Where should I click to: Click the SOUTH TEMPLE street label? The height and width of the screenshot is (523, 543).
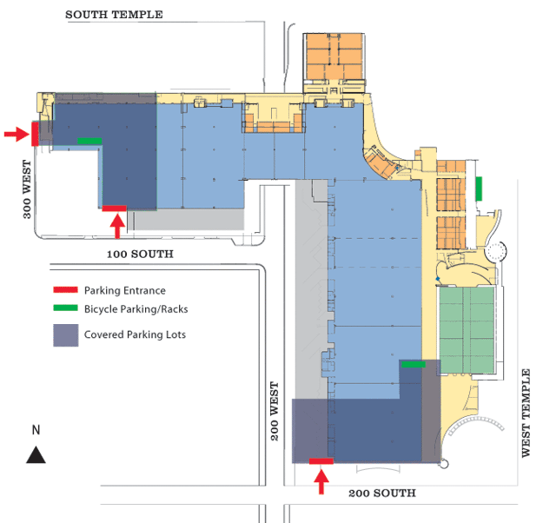114,15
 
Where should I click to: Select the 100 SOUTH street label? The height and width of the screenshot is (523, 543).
140,255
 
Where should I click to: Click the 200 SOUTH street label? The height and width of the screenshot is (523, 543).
381,493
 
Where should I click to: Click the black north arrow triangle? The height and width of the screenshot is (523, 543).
36,453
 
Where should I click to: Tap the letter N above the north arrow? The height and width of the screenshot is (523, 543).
36,430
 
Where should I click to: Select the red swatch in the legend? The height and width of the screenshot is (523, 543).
66,290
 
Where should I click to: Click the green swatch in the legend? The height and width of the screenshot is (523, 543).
66,308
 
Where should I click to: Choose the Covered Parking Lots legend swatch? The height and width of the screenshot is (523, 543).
66,334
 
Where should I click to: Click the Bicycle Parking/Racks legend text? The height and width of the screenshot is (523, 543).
136,308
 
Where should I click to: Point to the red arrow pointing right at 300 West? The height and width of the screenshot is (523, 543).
16,134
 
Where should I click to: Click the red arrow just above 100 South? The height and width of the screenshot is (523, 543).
117,224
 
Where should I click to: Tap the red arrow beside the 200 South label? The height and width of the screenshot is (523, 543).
321,480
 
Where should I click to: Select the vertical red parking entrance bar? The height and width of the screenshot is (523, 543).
34,133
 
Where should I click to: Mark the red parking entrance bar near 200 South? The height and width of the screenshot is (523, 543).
321,460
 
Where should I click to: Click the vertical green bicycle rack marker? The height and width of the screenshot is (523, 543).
479,188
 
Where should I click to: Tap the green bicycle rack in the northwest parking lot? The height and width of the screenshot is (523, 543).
89,140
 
